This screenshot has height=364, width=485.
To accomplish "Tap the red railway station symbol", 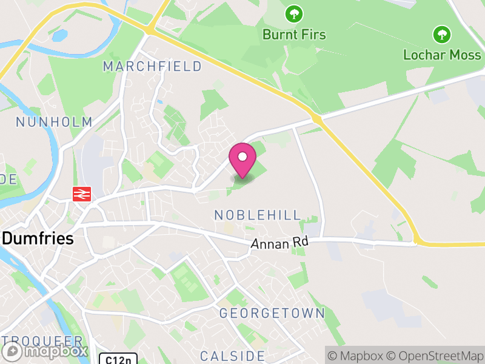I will coord(81,194).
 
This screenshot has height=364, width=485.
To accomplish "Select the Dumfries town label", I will coord(38,238).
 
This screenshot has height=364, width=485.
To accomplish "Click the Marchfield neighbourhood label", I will coord(152,66).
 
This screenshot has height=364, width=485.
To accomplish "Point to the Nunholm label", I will coord(54,122).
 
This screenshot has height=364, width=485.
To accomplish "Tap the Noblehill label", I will coord(258,215).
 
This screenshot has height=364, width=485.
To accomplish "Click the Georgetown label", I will coord(272,314).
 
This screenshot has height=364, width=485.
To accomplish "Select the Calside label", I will coord(232,356).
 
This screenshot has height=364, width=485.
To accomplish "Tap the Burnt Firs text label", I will coord(294,35).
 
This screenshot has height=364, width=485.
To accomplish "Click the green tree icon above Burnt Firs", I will coord(294,13).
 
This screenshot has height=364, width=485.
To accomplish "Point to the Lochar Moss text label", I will coord(442,55).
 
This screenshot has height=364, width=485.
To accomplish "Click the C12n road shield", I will coord(118,359).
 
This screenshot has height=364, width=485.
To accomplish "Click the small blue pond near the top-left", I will coord(60,35).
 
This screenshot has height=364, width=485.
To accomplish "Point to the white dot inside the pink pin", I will coord(242,157).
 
